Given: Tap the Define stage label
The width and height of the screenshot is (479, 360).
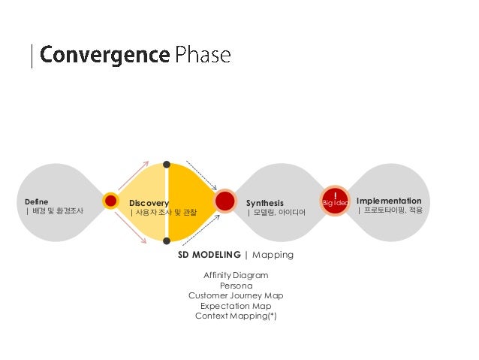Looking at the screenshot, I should pos(36,201).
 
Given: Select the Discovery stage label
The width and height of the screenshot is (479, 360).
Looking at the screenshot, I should pos(149,203).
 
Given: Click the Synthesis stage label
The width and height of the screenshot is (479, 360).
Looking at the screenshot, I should pos(265,203).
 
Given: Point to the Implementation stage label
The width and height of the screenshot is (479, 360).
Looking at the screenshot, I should pos(389,201).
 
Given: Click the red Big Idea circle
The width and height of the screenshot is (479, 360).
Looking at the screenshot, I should pos(335,201).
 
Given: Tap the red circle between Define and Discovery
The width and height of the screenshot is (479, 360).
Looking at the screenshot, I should pos(111,201).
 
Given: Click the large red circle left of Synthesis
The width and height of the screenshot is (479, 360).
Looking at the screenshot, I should pos(225,201).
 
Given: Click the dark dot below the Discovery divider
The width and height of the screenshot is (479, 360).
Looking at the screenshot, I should pos(167,241).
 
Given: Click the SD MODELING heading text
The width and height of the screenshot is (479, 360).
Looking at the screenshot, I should pos(209,255).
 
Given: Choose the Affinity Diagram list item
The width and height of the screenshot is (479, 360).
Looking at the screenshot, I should pos(236,275).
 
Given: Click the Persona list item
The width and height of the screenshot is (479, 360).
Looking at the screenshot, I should pos(236,286).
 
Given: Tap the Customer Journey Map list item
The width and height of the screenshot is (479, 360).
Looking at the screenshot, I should pos(236,295).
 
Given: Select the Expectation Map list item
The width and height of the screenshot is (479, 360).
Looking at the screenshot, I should pos(236,306).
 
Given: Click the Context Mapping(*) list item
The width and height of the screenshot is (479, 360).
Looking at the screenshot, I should pos(236,316).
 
